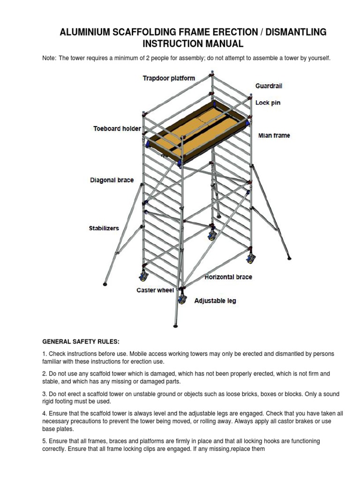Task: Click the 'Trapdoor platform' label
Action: point(169,78)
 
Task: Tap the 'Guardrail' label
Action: point(269,86)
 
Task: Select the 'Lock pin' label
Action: point(268,103)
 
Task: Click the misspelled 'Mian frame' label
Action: point(274,135)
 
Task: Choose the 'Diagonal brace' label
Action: point(112,180)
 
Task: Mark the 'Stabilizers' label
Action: point(104,228)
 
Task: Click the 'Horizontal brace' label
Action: point(228,277)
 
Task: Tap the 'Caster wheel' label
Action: point(155,290)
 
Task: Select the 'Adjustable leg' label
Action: point(215,301)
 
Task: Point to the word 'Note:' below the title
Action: point(49,58)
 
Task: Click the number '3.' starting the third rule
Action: point(45,394)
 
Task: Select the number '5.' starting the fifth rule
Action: point(45,441)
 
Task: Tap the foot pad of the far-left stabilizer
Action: point(105,283)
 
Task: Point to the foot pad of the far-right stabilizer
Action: point(289,257)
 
